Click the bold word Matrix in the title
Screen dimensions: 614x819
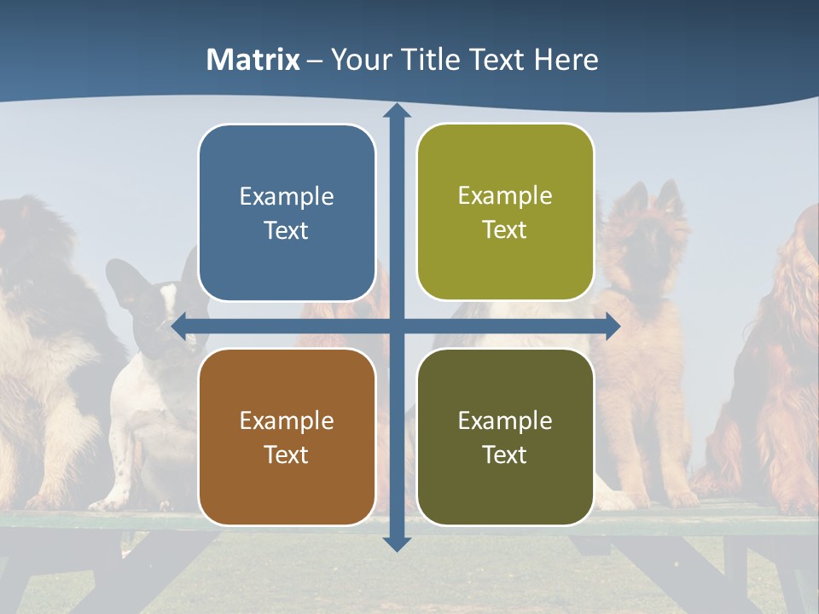(253, 60)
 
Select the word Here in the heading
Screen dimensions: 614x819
(566, 60)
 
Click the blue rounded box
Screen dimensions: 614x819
(287, 213)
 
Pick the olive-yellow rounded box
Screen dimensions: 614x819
(505, 212)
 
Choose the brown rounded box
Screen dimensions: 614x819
(287, 437)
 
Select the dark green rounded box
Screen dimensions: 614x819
(505, 437)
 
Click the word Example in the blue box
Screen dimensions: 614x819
(287, 197)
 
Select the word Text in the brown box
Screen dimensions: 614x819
(287, 455)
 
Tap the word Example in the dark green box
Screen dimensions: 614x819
(505, 420)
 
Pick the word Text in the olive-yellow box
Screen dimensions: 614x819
(505, 230)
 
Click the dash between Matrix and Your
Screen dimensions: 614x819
(316, 61)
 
